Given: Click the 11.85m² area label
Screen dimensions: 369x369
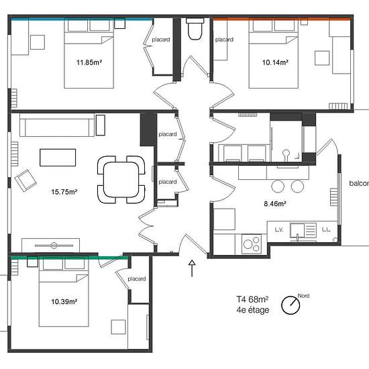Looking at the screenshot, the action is point(89,62).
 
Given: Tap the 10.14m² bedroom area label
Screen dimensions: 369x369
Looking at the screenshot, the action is point(275,62).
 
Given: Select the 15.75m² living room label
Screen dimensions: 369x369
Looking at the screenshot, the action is point(64,192).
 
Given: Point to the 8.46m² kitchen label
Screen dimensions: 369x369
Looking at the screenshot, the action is point(275,203).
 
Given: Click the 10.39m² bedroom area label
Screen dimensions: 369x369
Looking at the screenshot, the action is point(64,301).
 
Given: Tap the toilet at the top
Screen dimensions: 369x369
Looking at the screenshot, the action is point(195,29).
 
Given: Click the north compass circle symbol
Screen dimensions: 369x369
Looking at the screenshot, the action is point(291,305).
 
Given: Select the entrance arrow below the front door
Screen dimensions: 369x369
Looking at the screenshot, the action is point(192,268).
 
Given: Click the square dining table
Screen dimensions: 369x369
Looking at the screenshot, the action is point(121,179).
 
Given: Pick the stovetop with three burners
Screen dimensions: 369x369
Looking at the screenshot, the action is point(252,244).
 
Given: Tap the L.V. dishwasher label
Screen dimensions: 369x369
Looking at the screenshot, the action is point(279,229).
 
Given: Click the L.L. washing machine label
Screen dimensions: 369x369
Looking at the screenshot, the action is point(326,229).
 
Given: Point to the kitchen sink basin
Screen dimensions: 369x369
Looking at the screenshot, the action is point(297,230).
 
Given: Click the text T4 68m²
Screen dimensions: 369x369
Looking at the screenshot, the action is point(252,299).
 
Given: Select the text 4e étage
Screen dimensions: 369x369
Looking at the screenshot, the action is point(253,310).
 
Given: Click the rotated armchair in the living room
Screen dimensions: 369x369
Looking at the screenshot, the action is point(25,180).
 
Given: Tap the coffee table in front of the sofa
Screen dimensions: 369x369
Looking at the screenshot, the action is point(58,158).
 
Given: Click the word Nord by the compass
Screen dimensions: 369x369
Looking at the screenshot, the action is point(303,296).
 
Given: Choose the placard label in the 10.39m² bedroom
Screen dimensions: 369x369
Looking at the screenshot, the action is point(136,279).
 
